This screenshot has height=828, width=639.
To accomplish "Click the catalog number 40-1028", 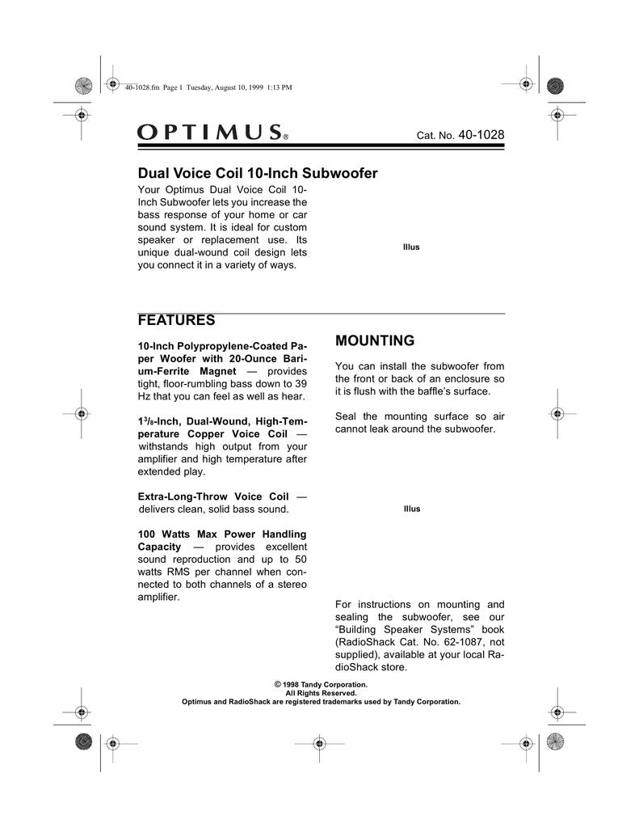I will pyautogui.click(x=481, y=133).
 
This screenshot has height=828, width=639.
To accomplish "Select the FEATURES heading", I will pyautogui.click(x=176, y=320).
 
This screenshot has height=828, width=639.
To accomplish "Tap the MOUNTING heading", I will pyautogui.click(x=374, y=340).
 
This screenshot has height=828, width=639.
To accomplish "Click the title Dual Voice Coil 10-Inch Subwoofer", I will pyautogui.click(x=259, y=173).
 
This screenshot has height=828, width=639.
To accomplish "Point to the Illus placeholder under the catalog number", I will pyautogui.click(x=411, y=246).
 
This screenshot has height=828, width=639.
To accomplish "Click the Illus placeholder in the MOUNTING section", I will pyautogui.click(x=412, y=509).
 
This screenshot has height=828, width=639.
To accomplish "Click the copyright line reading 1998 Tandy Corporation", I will pyautogui.click(x=321, y=685).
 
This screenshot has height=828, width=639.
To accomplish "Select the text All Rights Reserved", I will pyautogui.click(x=321, y=693).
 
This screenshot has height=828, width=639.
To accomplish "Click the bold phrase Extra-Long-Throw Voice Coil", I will pyautogui.click(x=213, y=496).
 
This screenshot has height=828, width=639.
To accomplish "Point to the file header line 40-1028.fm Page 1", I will pyautogui.click(x=155, y=87).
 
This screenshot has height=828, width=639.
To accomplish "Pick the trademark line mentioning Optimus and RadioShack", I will pyautogui.click(x=321, y=701).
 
